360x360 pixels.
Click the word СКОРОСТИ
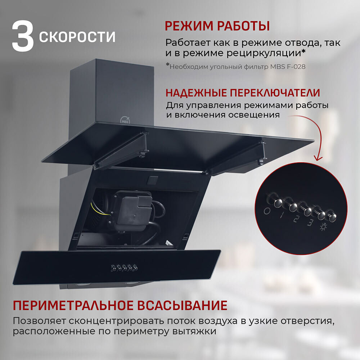coord(77,37)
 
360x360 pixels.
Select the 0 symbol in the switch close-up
coord(267,211)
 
